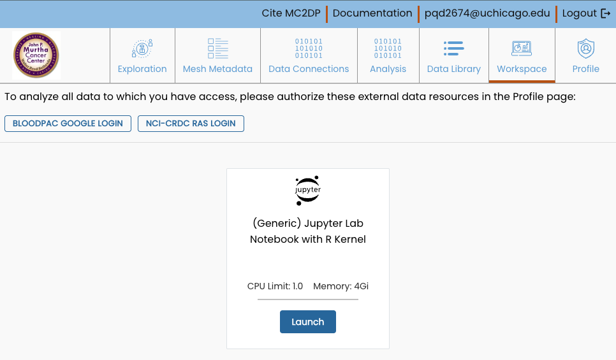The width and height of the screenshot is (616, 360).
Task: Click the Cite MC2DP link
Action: pos(291,13)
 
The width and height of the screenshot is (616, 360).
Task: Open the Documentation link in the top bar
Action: pos(372,13)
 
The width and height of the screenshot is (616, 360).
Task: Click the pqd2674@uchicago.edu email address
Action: pos(487,13)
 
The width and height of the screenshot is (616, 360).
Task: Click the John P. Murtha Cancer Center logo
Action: pos(36,55)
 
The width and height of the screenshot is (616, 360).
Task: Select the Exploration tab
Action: pos(142,69)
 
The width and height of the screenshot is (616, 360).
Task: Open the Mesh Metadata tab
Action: pos(217,69)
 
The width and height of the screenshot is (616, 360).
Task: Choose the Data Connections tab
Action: pos(309,69)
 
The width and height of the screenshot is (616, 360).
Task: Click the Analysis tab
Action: pos(388,69)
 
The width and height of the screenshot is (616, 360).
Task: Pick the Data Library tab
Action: pos(454,69)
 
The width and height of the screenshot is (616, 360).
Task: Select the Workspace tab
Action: pos(522,69)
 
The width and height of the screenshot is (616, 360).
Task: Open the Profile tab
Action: pos(585,69)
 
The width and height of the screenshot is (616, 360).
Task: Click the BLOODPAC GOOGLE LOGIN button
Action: pos(68,124)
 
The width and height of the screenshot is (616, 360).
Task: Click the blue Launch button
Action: pos(308,322)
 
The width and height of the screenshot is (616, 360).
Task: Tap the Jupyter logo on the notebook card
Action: pos(308,190)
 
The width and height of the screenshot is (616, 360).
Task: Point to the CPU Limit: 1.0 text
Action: pos(275,286)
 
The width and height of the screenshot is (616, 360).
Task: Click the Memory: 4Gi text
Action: pos(341,286)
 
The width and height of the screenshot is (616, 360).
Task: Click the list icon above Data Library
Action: pos(453,48)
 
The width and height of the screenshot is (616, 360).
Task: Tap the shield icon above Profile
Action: pos(585,48)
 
